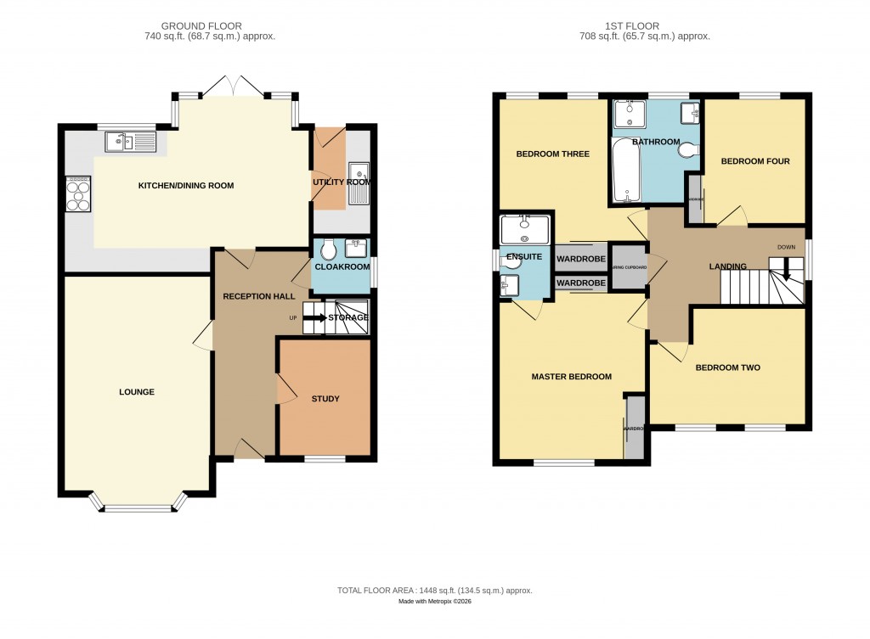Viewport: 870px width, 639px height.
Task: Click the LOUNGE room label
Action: [x=136, y=392]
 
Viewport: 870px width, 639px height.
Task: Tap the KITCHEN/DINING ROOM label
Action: [x=186, y=186]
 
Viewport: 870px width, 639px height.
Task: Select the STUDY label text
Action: [x=325, y=399]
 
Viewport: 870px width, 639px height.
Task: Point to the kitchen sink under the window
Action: [x=132, y=142]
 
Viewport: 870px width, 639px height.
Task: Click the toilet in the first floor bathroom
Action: [x=687, y=150]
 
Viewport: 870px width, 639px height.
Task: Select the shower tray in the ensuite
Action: [x=525, y=227]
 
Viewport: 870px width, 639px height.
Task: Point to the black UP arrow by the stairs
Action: [x=314, y=318]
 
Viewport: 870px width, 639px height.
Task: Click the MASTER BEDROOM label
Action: [x=571, y=377]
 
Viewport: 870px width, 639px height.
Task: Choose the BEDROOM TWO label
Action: [x=727, y=367]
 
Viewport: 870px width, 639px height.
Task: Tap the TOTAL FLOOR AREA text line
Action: [x=435, y=591]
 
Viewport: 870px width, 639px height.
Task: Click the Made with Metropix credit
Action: [x=435, y=602]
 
